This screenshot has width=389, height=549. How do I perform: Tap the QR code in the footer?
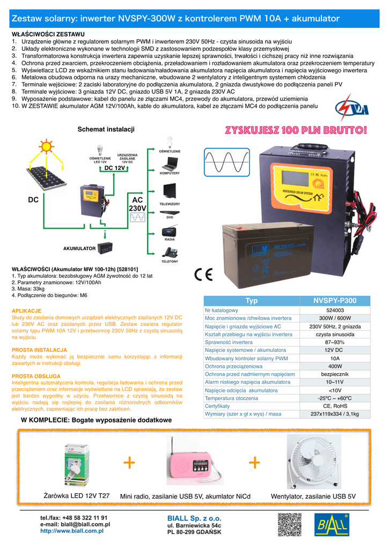point(290,525)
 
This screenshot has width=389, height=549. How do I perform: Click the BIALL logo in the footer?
point(333,525)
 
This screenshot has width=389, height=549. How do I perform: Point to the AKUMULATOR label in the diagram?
point(79,249)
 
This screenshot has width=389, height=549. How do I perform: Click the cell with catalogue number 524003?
point(335,310)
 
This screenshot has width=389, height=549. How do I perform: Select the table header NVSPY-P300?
point(335,301)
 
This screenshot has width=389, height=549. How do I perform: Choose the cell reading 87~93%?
point(335,342)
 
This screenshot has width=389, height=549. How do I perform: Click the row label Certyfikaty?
point(217,406)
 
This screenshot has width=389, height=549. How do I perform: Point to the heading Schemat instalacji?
point(106,129)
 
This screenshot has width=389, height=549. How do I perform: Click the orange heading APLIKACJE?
point(26,311)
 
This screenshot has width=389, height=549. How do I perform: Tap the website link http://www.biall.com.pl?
point(72,531)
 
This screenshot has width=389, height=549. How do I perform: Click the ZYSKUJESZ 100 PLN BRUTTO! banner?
point(297,130)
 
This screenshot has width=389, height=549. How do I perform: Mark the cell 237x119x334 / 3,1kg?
point(335,414)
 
